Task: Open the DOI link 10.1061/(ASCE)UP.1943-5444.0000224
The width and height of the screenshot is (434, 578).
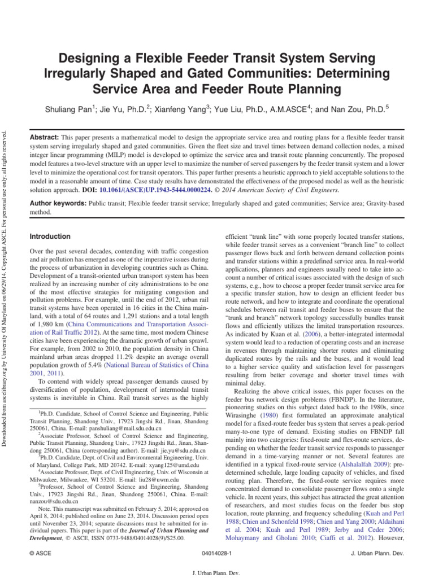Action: click(160, 190)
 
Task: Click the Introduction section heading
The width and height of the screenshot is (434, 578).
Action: click(50, 237)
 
